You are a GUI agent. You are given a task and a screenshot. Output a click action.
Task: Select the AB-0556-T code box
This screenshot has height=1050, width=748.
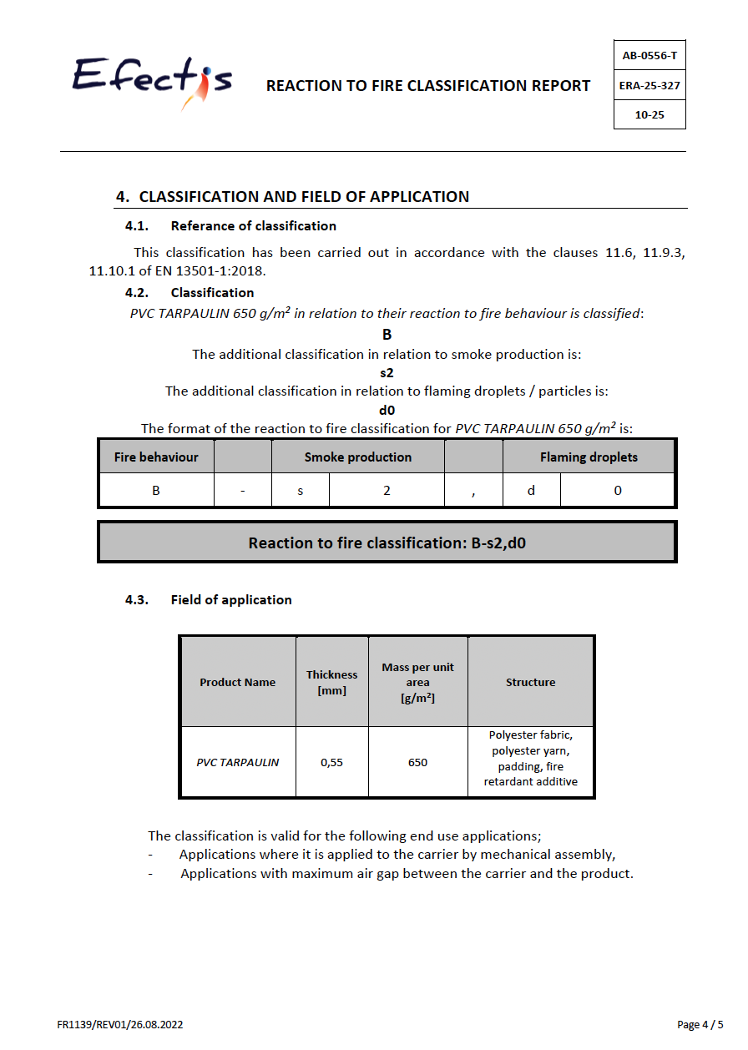(649, 56)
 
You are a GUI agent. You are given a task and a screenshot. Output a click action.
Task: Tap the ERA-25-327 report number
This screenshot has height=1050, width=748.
(649, 85)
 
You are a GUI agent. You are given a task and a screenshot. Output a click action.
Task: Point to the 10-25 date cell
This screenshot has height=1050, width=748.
(649, 114)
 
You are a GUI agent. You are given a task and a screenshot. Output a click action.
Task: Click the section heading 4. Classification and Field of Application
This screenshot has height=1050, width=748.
(304, 197)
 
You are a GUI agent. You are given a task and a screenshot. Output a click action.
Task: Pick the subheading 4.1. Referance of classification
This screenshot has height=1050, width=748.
(253, 226)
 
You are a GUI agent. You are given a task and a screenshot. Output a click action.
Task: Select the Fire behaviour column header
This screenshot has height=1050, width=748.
(156, 457)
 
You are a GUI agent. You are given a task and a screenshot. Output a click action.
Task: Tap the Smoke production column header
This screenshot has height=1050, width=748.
(357, 457)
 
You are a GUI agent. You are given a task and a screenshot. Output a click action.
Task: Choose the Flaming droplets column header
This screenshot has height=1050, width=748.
(589, 457)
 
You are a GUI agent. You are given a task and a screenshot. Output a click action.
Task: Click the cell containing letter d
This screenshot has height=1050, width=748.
(531, 491)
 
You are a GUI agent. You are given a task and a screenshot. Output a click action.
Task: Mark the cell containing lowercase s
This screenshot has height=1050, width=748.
(301, 491)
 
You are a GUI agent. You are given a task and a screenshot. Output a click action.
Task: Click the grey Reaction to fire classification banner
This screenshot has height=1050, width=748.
(387, 543)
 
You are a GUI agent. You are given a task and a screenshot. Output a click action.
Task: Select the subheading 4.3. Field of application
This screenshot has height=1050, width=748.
(230, 600)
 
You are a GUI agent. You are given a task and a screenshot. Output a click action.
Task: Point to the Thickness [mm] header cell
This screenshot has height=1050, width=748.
(331, 682)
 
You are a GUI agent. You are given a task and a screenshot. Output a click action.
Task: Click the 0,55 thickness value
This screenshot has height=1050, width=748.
(331, 762)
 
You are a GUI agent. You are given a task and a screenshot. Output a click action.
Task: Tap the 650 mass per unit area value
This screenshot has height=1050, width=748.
(417, 762)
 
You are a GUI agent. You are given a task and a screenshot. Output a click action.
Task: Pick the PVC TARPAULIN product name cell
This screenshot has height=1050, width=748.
(238, 762)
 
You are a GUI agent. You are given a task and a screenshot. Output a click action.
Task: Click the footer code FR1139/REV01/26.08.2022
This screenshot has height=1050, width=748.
(120, 1024)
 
